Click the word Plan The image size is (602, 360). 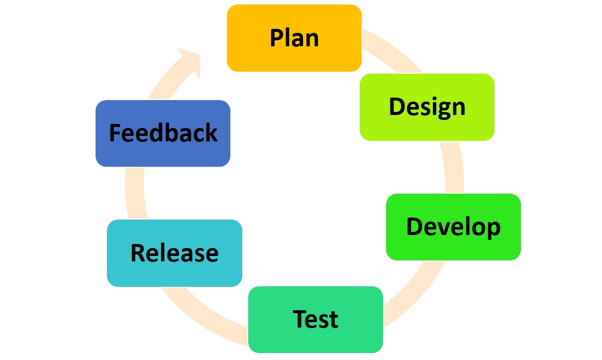tap(294, 38)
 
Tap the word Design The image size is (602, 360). tap(427, 107)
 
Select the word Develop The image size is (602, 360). tap(453, 227)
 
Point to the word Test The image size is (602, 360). tap(315, 319)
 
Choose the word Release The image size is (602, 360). tap(174, 253)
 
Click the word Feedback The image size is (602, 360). tap(163, 133)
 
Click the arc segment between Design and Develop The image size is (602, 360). tap(453, 167)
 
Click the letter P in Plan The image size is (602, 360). tap(277, 38)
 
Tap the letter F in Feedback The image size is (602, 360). tap(115, 133)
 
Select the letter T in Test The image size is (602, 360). tap(300, 319)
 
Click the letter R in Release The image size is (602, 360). tap(138, 253)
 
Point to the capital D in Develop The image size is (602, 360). tap(414, 227)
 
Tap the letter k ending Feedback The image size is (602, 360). tap(211, 133)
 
